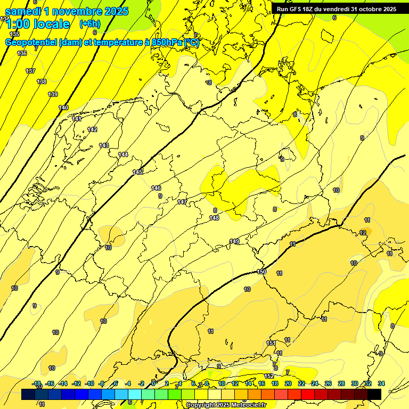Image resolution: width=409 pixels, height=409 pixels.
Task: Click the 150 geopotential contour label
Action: (261, 272)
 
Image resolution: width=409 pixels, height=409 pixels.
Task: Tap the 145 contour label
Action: (138, 172)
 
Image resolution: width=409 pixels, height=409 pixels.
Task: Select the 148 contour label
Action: (214, 218)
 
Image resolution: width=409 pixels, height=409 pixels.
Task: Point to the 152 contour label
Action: (268, 376)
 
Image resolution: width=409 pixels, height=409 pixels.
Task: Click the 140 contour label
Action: (63, 108)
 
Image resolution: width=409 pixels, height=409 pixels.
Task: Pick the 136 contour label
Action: (22, 53)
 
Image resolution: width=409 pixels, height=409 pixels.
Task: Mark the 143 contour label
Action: (104, 145)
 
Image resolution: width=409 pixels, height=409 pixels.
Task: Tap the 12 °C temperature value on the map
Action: (363, 233)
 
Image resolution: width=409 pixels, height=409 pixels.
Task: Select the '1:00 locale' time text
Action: (37, 24)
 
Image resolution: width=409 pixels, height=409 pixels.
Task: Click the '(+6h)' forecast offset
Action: (89, 24)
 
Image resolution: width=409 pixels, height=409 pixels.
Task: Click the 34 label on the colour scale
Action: (381, 383)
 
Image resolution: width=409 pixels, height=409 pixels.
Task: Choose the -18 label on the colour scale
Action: (37, 383)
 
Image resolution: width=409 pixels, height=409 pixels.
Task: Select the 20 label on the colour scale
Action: (288, 383)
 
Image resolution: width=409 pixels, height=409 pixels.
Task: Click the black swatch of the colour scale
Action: (374, 394)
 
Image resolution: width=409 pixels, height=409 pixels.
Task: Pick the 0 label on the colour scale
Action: (153, 383)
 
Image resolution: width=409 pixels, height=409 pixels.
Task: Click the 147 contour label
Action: (182, 202)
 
